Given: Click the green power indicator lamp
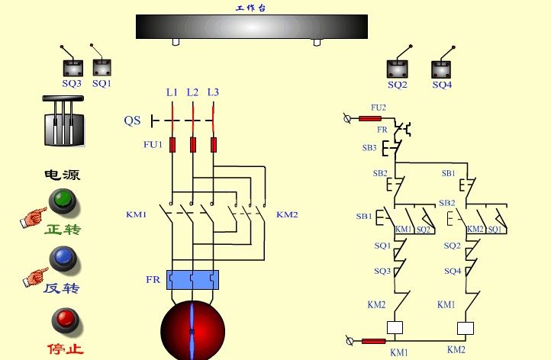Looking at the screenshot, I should pyautogui.click(x=62, y=201).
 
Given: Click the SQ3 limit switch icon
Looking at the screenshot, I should pyautogui.click(x=71, y=66).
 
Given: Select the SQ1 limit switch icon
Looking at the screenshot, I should pyautogui.click(x=101, y=66).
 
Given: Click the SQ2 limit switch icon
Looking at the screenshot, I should pyautogui.click(x=397, y=68).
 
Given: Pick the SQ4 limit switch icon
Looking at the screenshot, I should pyautogui.click(x=441, y=68).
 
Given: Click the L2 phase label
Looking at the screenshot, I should pyautogui.click(x=192, y=92).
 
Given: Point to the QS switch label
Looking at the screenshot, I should pyautogui.click(x=132, y=121).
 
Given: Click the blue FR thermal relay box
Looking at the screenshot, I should pyautogui.click(x=192, y=280).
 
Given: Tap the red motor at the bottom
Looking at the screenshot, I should pyautogui.click(x=192, y=332).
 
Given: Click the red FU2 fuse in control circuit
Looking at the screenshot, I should pyautogui.click(x=370, y=118).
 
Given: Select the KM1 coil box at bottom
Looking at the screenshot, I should pyautogui.click(x=395, y=328).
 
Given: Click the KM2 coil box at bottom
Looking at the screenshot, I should pyautogui.click(x=465, y=328).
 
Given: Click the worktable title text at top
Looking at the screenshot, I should pyautogui.click(x=251, y=8).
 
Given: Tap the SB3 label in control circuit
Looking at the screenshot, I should pyautogui.click(x=369, y=147).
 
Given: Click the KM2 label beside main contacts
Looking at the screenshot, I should pyautogui.click(x=287, y=214).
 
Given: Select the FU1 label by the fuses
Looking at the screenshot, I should pyautogui.click(x=153, y=144).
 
